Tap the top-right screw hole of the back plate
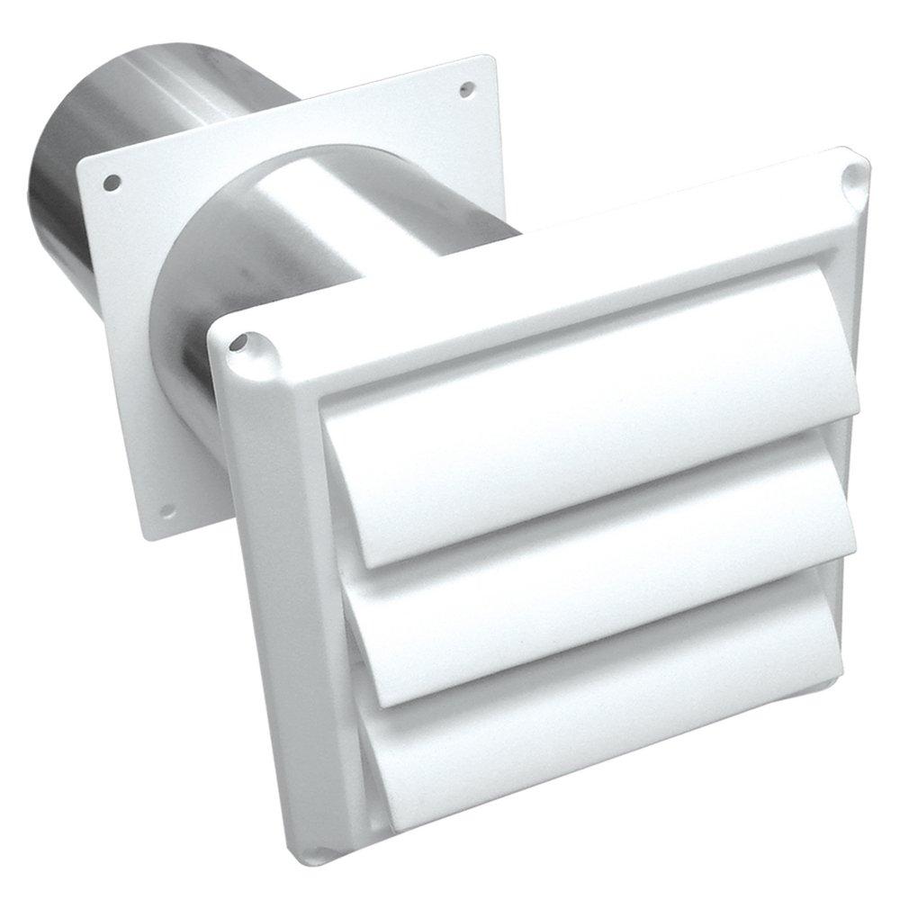[467, 88]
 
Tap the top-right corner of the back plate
[493, 61]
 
